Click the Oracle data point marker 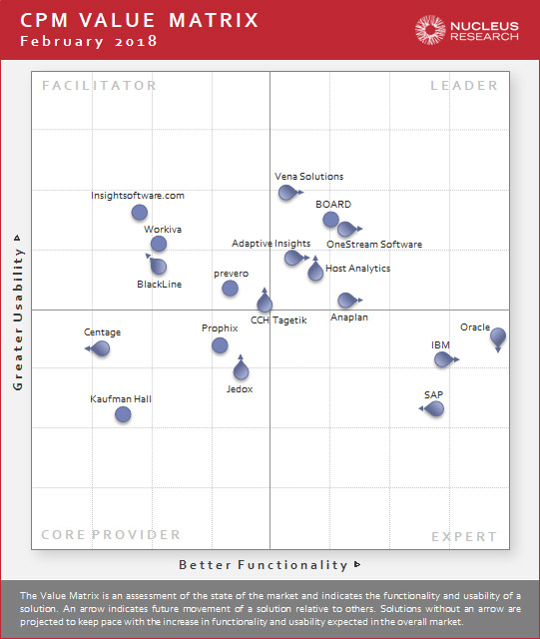pos(498,336)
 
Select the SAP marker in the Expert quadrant pos(434,407)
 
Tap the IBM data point pos(442,358)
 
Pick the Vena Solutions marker pos(287,192)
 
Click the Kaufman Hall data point pos(123,413)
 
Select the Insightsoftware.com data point pos(140,212)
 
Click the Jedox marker pos(241,371)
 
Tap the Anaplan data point pos(346,300)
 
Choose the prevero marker pos(230,288)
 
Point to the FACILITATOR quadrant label pos(100,86)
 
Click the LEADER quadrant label pos(464,86)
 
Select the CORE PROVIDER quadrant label pos(98,536)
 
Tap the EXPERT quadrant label pos(464,537)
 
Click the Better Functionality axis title pos(265,565)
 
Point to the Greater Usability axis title pos(18,311)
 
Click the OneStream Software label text pos(374,245)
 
